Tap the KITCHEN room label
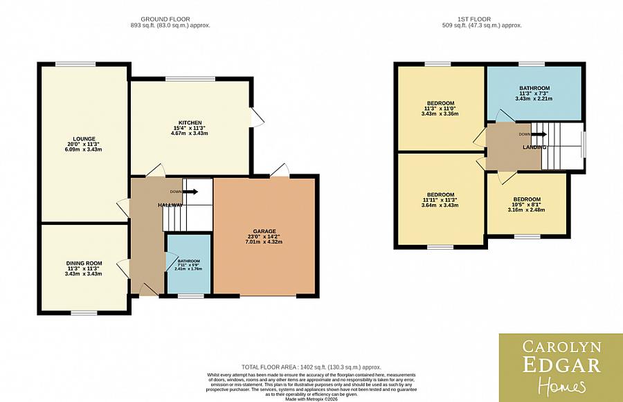pyautogui.click(x=190, y=122)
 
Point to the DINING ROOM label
pyautogui.click(x=84, y=263)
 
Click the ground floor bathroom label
pyautogui.click(x=188, y=262)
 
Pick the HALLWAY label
pyautogui.click(x=170, y=205)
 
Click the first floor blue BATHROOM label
pyautogui.click(x=534, y=88)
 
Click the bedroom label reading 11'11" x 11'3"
pyautogui.click(x=440, y=194)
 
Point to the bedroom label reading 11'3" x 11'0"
pyautogui.click(x=440, y=102)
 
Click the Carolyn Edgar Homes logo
pyautogui.click(x=561, y=367)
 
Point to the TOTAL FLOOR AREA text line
pyautogui.click(x=311, y=367)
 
